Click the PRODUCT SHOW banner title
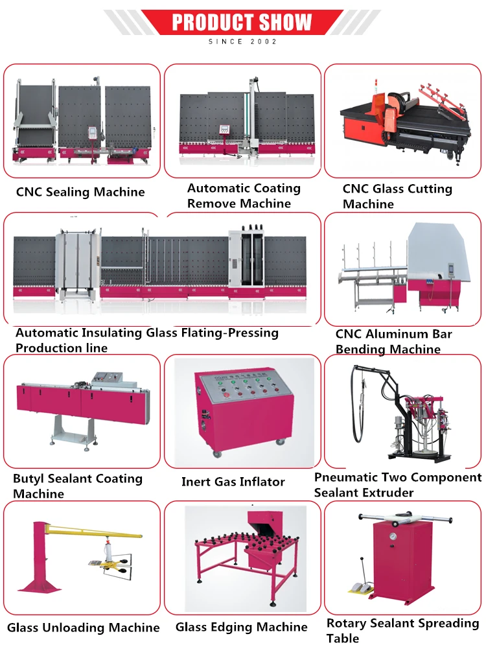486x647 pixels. pos(242,23)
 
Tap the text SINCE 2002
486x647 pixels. pos(242,41)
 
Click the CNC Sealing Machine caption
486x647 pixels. pos(80,192)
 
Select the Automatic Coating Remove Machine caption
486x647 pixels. pos(244,196)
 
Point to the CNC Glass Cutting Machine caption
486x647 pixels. pos(397,196)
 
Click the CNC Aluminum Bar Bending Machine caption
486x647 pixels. pos(393,342)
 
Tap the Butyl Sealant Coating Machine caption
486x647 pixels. pos(78,486)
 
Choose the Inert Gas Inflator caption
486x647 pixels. pos(233,482)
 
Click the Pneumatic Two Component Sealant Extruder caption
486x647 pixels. pos(398,485)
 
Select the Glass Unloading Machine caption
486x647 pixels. pos(84,628)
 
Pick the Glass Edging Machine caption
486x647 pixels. pos(241,627)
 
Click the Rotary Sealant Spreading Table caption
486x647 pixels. pos(402,631)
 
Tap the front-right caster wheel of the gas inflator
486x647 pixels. pos(281,443)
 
